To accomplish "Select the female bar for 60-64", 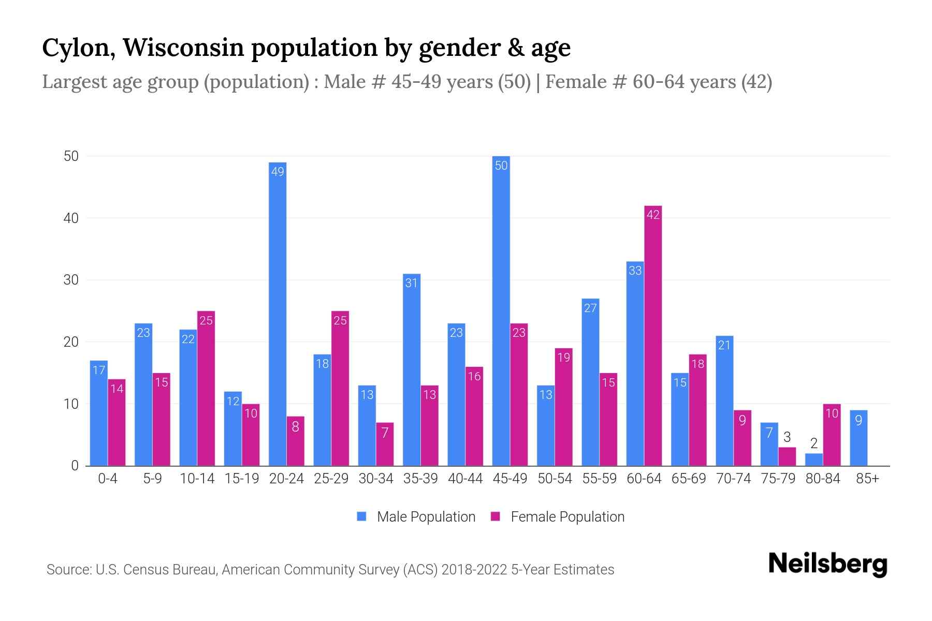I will (x=653, y=336).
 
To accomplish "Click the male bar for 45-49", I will (x=501, y=311).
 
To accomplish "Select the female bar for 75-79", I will (x=787, y=456).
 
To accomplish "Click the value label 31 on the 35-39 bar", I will (x=411, y=283).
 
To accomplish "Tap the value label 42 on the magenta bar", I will (x=653, y=215).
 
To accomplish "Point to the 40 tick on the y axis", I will (x=71, y=218).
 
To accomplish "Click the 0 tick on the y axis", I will (x=75, y=466).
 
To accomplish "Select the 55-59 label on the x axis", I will (x=599, y=479).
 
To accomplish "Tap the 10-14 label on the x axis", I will (x=197, y=479).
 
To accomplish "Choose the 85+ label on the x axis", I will (x=867, y=479).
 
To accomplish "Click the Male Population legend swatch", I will (x=361, y=516).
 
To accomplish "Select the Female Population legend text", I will (x=567, y=516).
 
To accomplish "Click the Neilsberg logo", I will (x=827, y=564).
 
